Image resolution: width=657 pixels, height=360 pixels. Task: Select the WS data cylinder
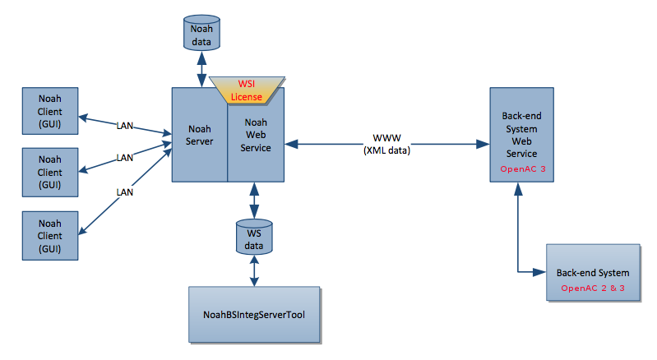[x=254, y=235]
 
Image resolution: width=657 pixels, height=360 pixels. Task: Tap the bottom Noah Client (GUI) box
[x=50, y=235]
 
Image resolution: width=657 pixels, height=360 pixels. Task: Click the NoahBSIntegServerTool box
[x=254, y=315]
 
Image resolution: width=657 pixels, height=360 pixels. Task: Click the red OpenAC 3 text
[x=523, y=168]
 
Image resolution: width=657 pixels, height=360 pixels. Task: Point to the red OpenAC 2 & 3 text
[x=593, y=288]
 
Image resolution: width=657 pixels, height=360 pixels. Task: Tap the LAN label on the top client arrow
[x=124, y=127]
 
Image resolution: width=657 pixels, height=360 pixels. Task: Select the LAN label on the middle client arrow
[x=124, y=157]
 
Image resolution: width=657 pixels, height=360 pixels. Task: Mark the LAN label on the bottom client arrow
[x=124, y=192]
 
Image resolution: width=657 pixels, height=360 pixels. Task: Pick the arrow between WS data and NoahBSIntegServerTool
[x=254, y=270]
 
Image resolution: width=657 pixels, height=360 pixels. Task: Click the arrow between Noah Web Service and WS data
[x=254, y=201]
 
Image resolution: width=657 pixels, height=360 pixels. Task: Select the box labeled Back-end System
[x=593, y=272]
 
